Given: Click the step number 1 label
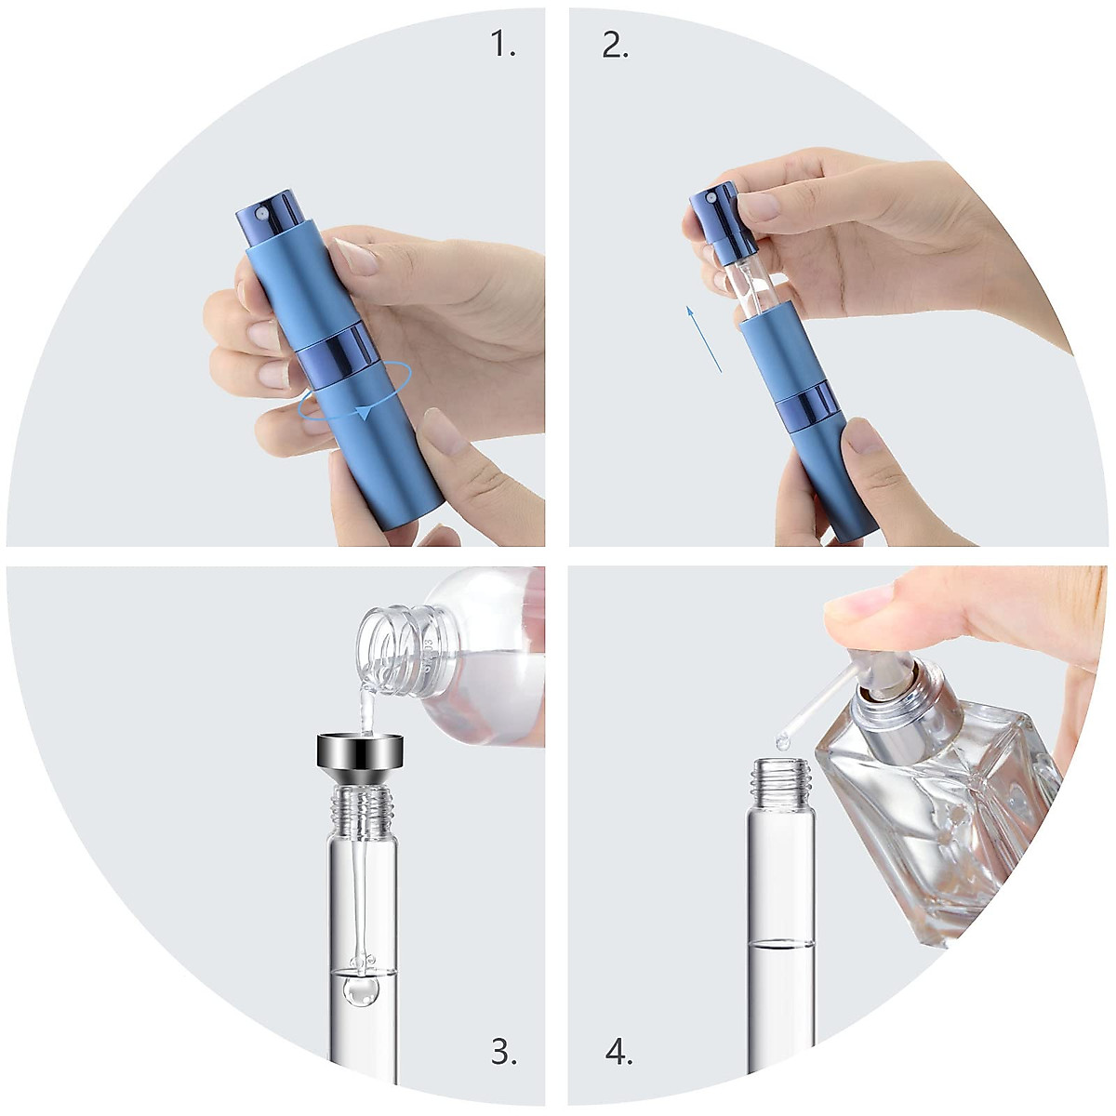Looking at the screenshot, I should coord(502,44).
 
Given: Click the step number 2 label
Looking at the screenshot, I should coord(615,44).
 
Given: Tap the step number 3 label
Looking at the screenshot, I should coord(503,1052).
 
